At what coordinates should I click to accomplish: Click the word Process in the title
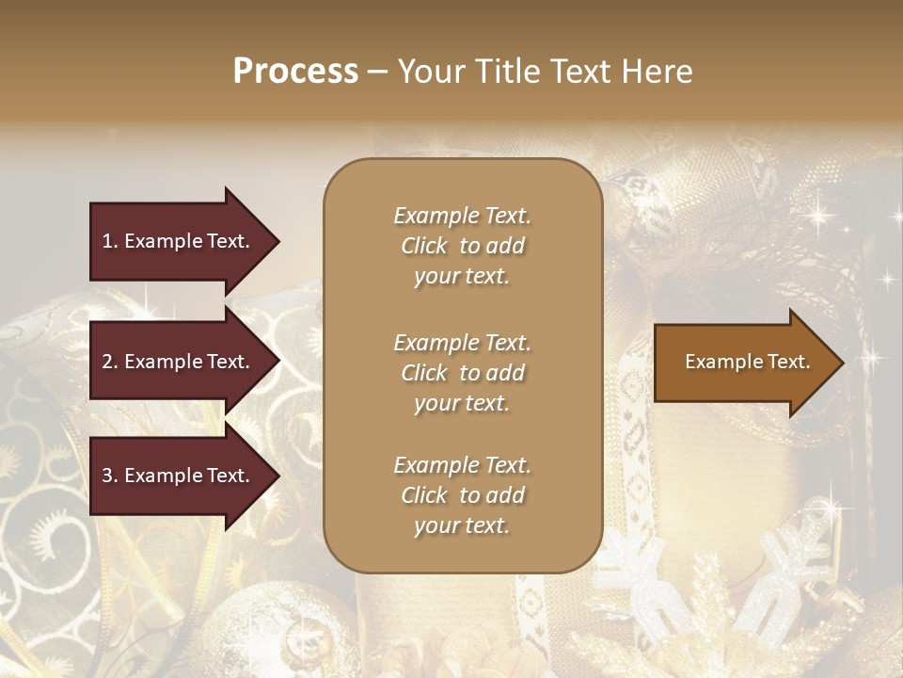click(x=295, y=72)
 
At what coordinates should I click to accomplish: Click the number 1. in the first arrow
click(x=110, y=241)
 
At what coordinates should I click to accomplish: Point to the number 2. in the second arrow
click(x=110, y=362)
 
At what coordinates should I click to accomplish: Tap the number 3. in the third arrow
click(x=110, y=476)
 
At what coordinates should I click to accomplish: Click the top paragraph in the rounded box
click(x=462, y=246)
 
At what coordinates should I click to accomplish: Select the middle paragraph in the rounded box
click(x=462, y=373)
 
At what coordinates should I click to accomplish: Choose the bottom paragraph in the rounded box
click(x=462, y=495)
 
